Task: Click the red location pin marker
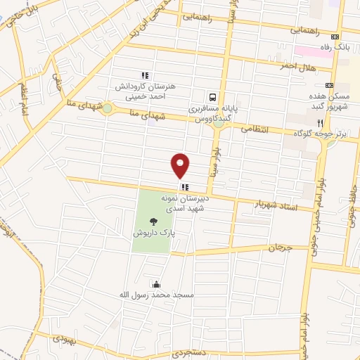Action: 181,165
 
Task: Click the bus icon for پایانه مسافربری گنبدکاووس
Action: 212,98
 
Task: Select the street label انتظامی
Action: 255,129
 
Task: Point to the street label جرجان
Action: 279,247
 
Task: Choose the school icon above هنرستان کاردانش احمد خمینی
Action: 144,76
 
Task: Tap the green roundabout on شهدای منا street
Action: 106,108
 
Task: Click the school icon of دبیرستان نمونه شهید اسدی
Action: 184,187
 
